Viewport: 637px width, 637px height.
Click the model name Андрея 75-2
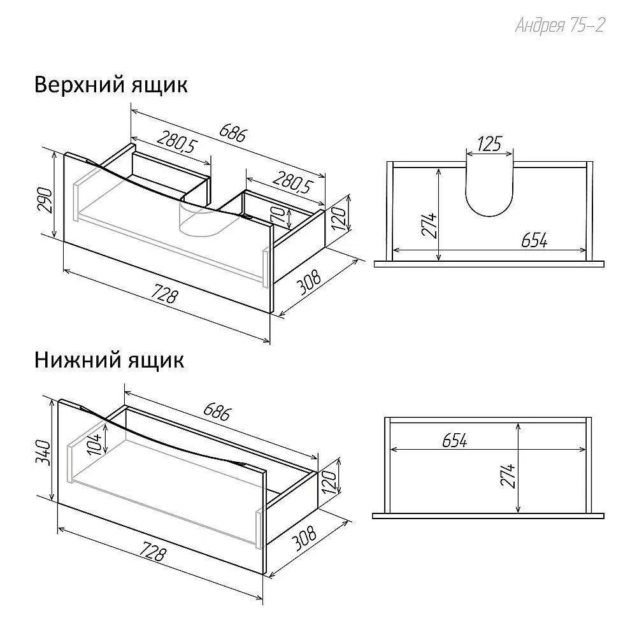coord(560,25)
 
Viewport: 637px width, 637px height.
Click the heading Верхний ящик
coord(111,85)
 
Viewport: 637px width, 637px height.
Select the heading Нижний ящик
coord(110,360)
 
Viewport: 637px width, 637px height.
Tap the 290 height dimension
coord(45,200)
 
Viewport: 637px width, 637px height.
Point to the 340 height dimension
coord(43,452)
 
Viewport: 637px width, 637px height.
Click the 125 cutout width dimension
coord(489,144)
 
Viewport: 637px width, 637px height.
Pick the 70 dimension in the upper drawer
coord(278,213)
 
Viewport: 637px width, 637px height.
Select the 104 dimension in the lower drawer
coord(94,443)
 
